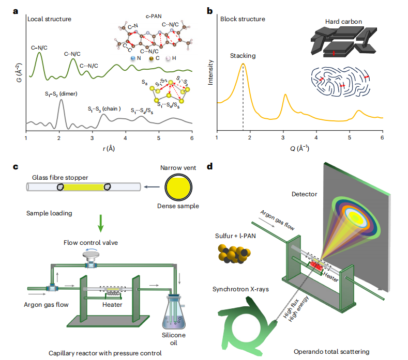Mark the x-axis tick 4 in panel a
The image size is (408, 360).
(126, 138)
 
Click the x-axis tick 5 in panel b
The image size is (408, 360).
(350, 138)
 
